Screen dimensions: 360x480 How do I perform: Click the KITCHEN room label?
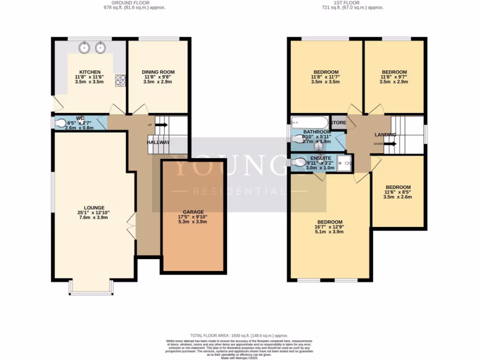tap(90, 72)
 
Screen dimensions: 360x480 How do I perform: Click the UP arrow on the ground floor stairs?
tap(161, 125)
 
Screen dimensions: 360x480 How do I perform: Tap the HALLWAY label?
tap(158, 142)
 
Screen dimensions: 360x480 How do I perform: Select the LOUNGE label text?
tap(94, 208)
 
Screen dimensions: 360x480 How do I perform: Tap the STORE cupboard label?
tap(338, 123)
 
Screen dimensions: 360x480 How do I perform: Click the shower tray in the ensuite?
tap(345, 163)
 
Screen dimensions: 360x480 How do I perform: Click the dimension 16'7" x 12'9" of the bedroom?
tap(330, 227)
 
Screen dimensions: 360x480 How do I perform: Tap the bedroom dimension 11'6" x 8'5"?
tap(397, 192)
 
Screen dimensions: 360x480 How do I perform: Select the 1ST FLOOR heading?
tap(359, 3)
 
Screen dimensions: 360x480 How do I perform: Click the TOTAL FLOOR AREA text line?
tap(240, 336)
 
